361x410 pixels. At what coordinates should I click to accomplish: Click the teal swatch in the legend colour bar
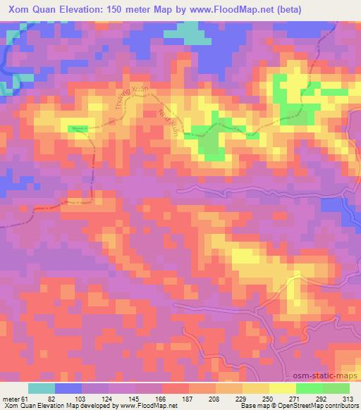[42, 388]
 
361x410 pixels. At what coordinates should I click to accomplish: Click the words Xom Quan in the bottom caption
[18, 406]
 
